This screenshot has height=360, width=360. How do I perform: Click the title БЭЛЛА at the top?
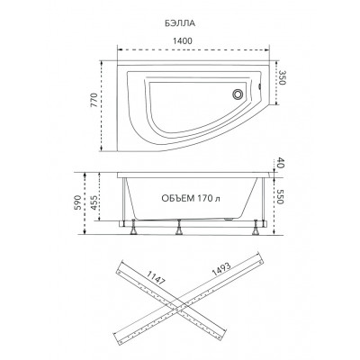[180, 23]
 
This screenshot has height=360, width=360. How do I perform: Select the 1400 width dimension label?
[183, 40]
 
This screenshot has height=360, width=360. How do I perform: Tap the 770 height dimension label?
[94, 101]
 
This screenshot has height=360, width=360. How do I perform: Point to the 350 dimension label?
[281, 77]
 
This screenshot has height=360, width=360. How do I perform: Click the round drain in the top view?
[238, 94]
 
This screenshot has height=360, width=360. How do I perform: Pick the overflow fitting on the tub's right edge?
[259, 87]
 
